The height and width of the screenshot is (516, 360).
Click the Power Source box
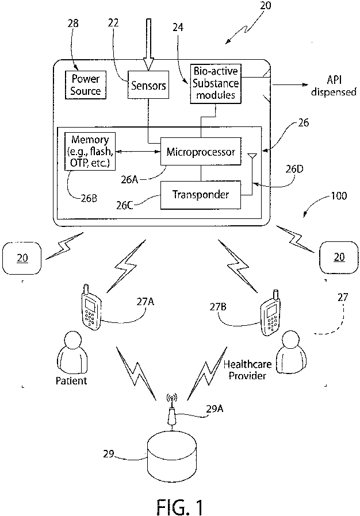(86, 85)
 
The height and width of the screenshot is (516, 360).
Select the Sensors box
(148, 85)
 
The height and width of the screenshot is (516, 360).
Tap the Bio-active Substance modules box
(216, 84)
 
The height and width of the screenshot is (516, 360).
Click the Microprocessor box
(201, 152)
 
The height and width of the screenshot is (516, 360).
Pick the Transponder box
(201, 195)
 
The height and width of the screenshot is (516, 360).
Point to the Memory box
(90, 151)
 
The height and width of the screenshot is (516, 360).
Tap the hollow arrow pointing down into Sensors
(148, 44)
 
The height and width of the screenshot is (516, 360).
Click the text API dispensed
(334, 86)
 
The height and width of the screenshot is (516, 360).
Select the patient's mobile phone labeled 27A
(90, 306)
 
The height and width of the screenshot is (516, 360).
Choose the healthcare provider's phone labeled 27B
(270, 313)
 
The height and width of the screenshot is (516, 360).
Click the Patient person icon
(72, 352)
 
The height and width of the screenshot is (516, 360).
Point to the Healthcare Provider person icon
(291, 352)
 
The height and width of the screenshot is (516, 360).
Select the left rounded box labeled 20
(22, 258)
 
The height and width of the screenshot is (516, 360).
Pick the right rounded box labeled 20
(339, 257)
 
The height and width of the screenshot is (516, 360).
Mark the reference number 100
(339, 196)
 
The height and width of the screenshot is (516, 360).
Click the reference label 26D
(294, 169)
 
